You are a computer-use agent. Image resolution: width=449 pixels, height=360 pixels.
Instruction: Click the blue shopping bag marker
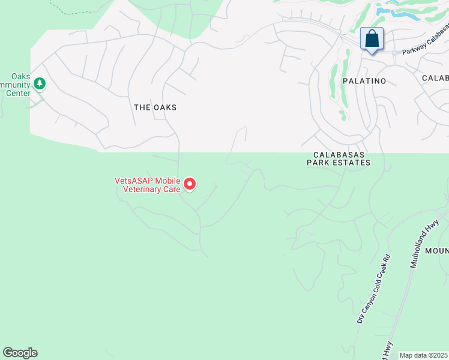click(x=372, y=39)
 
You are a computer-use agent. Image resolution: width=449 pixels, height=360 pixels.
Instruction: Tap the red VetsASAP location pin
click(x=190, y=184)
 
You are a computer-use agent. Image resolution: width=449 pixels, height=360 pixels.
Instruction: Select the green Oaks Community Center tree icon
click(x=40, y=83)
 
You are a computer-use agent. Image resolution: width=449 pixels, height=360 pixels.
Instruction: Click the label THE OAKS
click(x=155, y=107)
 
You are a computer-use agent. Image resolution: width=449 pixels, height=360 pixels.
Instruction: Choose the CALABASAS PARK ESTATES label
click(x=339, y=158)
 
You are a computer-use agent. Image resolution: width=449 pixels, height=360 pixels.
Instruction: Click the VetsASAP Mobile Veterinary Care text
click(x=148, y=184)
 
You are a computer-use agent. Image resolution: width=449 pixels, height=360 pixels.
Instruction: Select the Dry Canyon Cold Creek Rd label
click(x=373, y=289)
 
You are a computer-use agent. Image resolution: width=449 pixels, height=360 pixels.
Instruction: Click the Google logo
click(x=20, y=353)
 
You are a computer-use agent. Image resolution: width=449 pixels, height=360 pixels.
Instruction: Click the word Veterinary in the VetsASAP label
click(x=140, y=188)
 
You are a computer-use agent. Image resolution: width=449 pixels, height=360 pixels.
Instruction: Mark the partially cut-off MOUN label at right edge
click(x=437, y=250)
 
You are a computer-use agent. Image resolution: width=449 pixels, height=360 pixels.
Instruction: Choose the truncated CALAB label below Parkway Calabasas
click(x=435, y=78)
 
